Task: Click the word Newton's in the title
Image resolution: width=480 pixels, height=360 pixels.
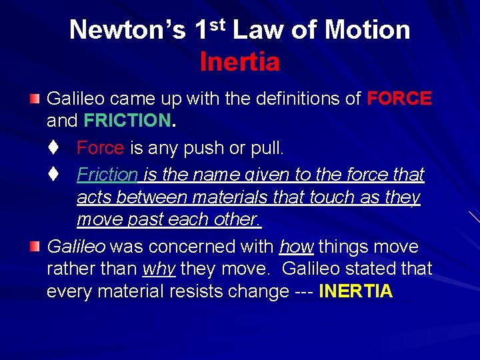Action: click(x=127, y=30)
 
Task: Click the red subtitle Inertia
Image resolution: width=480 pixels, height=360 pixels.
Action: click(x=239, y=62)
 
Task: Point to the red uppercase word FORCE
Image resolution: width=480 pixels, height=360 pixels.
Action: click(x=399, y=99)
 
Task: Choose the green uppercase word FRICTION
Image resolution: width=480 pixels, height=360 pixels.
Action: click(x=127, y=120)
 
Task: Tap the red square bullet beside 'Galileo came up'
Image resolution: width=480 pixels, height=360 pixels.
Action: click(x=34, y=99)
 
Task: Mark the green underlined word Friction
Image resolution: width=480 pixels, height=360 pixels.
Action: click(x=107, y=175)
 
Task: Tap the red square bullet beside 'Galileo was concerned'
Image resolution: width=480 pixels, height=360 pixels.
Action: click(x=34, y=247)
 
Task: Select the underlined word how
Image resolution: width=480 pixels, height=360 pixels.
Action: click(x=297, y=247)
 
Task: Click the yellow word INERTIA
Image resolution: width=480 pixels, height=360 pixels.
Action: click(x=356, y=291)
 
